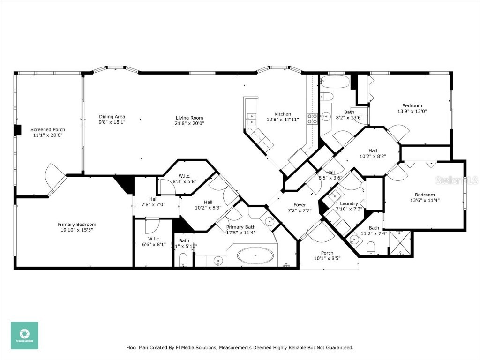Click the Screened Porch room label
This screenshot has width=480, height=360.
tap(48, 129)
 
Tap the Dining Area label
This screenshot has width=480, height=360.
tap(112, 117)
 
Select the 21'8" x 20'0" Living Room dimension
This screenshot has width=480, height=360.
tap(190, 123)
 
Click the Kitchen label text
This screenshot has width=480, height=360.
tap(283, 114)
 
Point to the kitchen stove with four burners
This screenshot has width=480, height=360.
tap(312, 118)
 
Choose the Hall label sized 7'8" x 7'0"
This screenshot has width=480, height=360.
tap(153, 199)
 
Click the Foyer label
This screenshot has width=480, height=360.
tap(300, 205)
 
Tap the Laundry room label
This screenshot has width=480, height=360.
tap(349, 203)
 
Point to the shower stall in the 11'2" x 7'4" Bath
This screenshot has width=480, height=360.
tap(399, 242)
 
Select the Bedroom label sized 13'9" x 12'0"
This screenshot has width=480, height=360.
tap(412, 105)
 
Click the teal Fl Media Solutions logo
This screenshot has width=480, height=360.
tap(24, 335)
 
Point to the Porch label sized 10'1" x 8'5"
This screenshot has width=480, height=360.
tap(327, 253)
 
